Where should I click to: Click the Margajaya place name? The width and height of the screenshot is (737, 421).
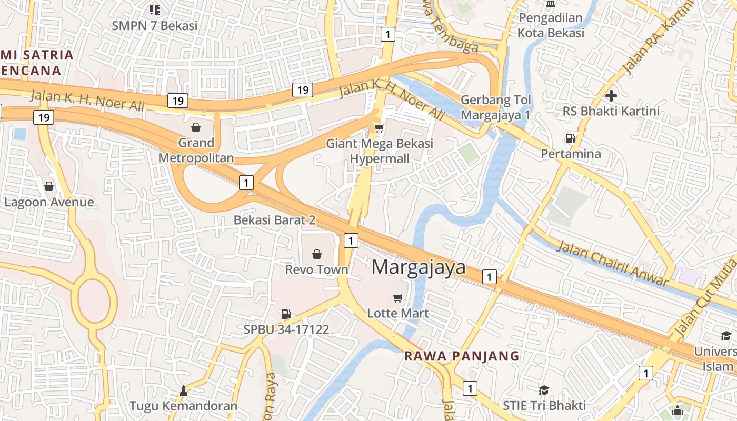click(x=419, y=267)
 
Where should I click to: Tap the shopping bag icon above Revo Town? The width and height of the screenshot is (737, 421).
click(x=317, y=255)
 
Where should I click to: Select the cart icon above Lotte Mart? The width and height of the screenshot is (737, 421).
click(x=398, y=298)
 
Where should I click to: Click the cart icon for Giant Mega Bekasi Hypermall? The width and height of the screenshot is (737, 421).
click(x=379, y=128)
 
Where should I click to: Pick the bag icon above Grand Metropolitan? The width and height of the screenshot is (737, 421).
click(x=196, y=127)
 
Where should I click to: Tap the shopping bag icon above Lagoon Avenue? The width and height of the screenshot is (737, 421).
click(x=49, y=187)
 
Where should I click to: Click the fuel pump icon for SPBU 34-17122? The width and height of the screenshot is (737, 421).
click(x=286, y=315)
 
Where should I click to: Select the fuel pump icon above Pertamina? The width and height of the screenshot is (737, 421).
click(x=570, y=138)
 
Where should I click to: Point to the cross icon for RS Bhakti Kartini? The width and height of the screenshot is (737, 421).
click(x=611, y=96)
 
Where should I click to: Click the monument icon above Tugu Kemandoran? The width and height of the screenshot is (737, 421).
click(x=183, y=391)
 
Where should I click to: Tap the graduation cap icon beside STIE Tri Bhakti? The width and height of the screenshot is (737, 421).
click(x=544, y=390)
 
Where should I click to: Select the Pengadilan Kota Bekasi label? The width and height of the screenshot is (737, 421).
click(x=551, y=25)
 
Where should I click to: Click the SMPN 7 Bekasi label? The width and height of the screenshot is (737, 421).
click(x=154, y=25)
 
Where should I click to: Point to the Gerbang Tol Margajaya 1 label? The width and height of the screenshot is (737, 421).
click(x=495, y=107)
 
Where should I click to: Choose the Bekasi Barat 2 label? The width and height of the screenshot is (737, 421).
click(x=274, y=220)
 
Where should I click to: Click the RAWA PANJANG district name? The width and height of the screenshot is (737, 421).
click(x=461, y=356)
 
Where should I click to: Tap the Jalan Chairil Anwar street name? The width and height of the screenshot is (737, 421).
click(x=612, y=263)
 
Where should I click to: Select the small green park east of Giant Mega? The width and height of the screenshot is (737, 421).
click(x=468, y=153)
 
